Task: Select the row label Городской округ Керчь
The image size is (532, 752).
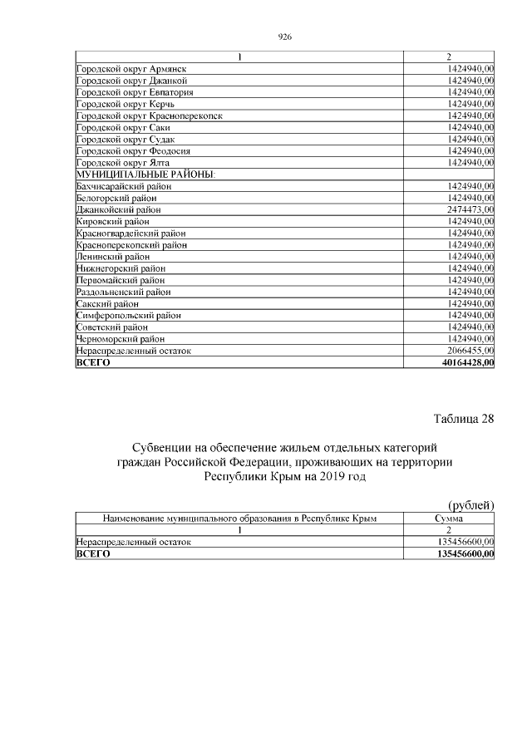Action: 125,104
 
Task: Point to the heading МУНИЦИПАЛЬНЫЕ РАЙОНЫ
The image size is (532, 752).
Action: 145,174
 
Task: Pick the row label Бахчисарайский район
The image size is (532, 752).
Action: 124,186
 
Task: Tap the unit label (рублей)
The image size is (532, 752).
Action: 470,504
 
